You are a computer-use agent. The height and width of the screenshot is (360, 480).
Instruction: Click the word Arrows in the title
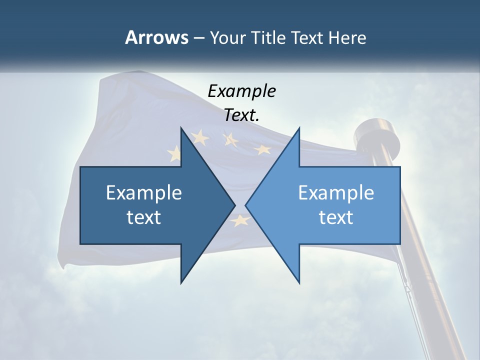156,37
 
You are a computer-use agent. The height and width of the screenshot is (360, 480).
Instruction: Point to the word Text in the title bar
308,38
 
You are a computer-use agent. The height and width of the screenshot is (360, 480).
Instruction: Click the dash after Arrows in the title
198,38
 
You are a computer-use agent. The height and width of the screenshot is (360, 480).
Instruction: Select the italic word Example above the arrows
241,91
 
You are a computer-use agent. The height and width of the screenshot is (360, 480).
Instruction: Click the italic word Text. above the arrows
241,115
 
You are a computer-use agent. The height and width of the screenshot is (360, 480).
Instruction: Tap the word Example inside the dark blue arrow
144,193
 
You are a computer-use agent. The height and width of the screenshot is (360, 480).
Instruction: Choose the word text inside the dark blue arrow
144,217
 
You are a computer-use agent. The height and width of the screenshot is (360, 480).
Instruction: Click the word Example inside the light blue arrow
336,193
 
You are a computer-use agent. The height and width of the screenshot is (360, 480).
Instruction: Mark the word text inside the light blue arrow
336,217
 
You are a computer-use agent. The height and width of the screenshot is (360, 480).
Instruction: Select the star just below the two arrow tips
240,219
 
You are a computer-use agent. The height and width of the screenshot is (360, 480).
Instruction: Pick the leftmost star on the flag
175,153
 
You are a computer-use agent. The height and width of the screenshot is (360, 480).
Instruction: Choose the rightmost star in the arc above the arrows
262,149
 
